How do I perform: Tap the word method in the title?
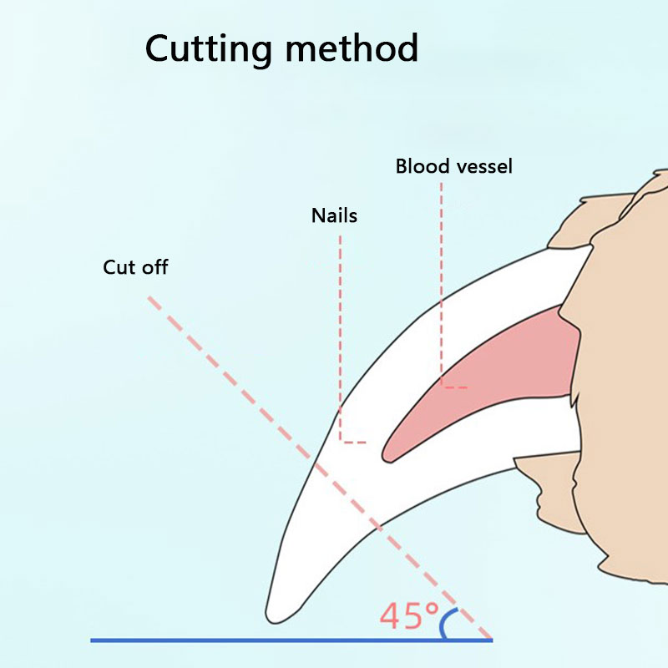point(351,48)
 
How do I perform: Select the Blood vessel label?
point(454,166)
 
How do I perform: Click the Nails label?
point(334,215)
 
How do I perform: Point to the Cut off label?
point(135,267)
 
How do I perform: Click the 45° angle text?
point(409,616)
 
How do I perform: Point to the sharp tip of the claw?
point(273,616)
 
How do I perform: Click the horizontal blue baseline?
point(250,640)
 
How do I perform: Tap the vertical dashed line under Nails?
point(341,334)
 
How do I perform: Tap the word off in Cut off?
point(155,267)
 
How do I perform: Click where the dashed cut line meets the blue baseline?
point(491,640)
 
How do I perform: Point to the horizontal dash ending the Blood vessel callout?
point(455,387)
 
